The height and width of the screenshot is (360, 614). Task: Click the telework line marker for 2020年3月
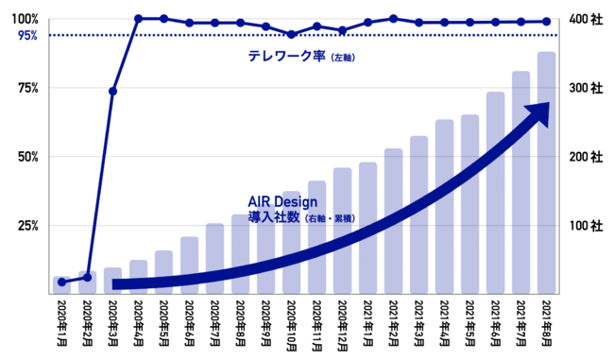click(112, 92)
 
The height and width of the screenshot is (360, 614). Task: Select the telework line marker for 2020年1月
click(61, 282)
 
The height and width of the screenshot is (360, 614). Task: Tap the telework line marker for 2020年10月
click(291, 34)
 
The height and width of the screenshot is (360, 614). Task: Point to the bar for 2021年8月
click(547, 173)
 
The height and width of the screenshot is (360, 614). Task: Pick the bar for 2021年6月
click(495, 193)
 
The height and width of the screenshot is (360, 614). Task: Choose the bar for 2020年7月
click(215, 259)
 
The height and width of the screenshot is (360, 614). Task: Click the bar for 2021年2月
click(394, 221)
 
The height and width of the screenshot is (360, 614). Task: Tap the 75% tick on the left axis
click(28, 88)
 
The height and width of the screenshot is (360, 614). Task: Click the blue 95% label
click(27, 36)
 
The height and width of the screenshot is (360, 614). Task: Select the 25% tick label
click(28, 226)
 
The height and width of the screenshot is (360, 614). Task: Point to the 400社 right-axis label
click(586, 19)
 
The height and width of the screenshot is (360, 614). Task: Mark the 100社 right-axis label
click(586, 226)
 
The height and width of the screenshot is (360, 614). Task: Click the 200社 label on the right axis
click(586, 157)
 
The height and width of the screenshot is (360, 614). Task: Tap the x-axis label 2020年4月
click(138, 323)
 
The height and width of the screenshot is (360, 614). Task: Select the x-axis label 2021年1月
click(368, 323)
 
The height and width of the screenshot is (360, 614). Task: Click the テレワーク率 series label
click(286, 56)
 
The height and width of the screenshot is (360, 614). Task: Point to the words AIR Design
click(282, 202)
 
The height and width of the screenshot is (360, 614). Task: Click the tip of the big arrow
click(550, 103)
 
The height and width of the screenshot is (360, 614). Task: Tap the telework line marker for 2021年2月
click(394, 18)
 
